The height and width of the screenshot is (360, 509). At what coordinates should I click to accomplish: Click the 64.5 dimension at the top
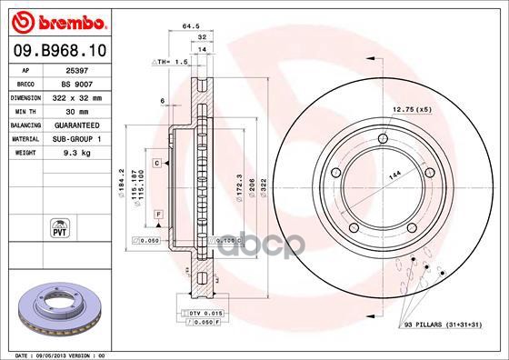pos(191,27)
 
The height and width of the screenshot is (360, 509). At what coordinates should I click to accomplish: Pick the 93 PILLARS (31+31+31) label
pos(442,324)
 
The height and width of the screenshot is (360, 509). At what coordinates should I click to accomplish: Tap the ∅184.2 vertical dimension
pos(121,182)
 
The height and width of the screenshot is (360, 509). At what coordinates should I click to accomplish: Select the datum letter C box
pos(156,163)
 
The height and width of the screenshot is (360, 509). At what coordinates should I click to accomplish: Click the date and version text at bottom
pos(57,354)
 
